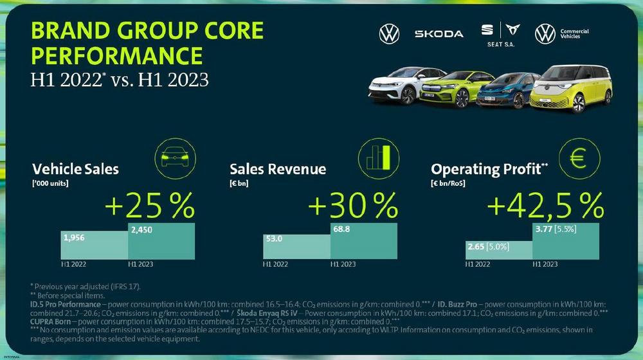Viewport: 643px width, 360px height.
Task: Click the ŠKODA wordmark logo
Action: point(439,33)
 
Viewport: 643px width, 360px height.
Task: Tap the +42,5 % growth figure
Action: point(545,206)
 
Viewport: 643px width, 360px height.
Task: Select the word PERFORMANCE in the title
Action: point(117,56)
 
